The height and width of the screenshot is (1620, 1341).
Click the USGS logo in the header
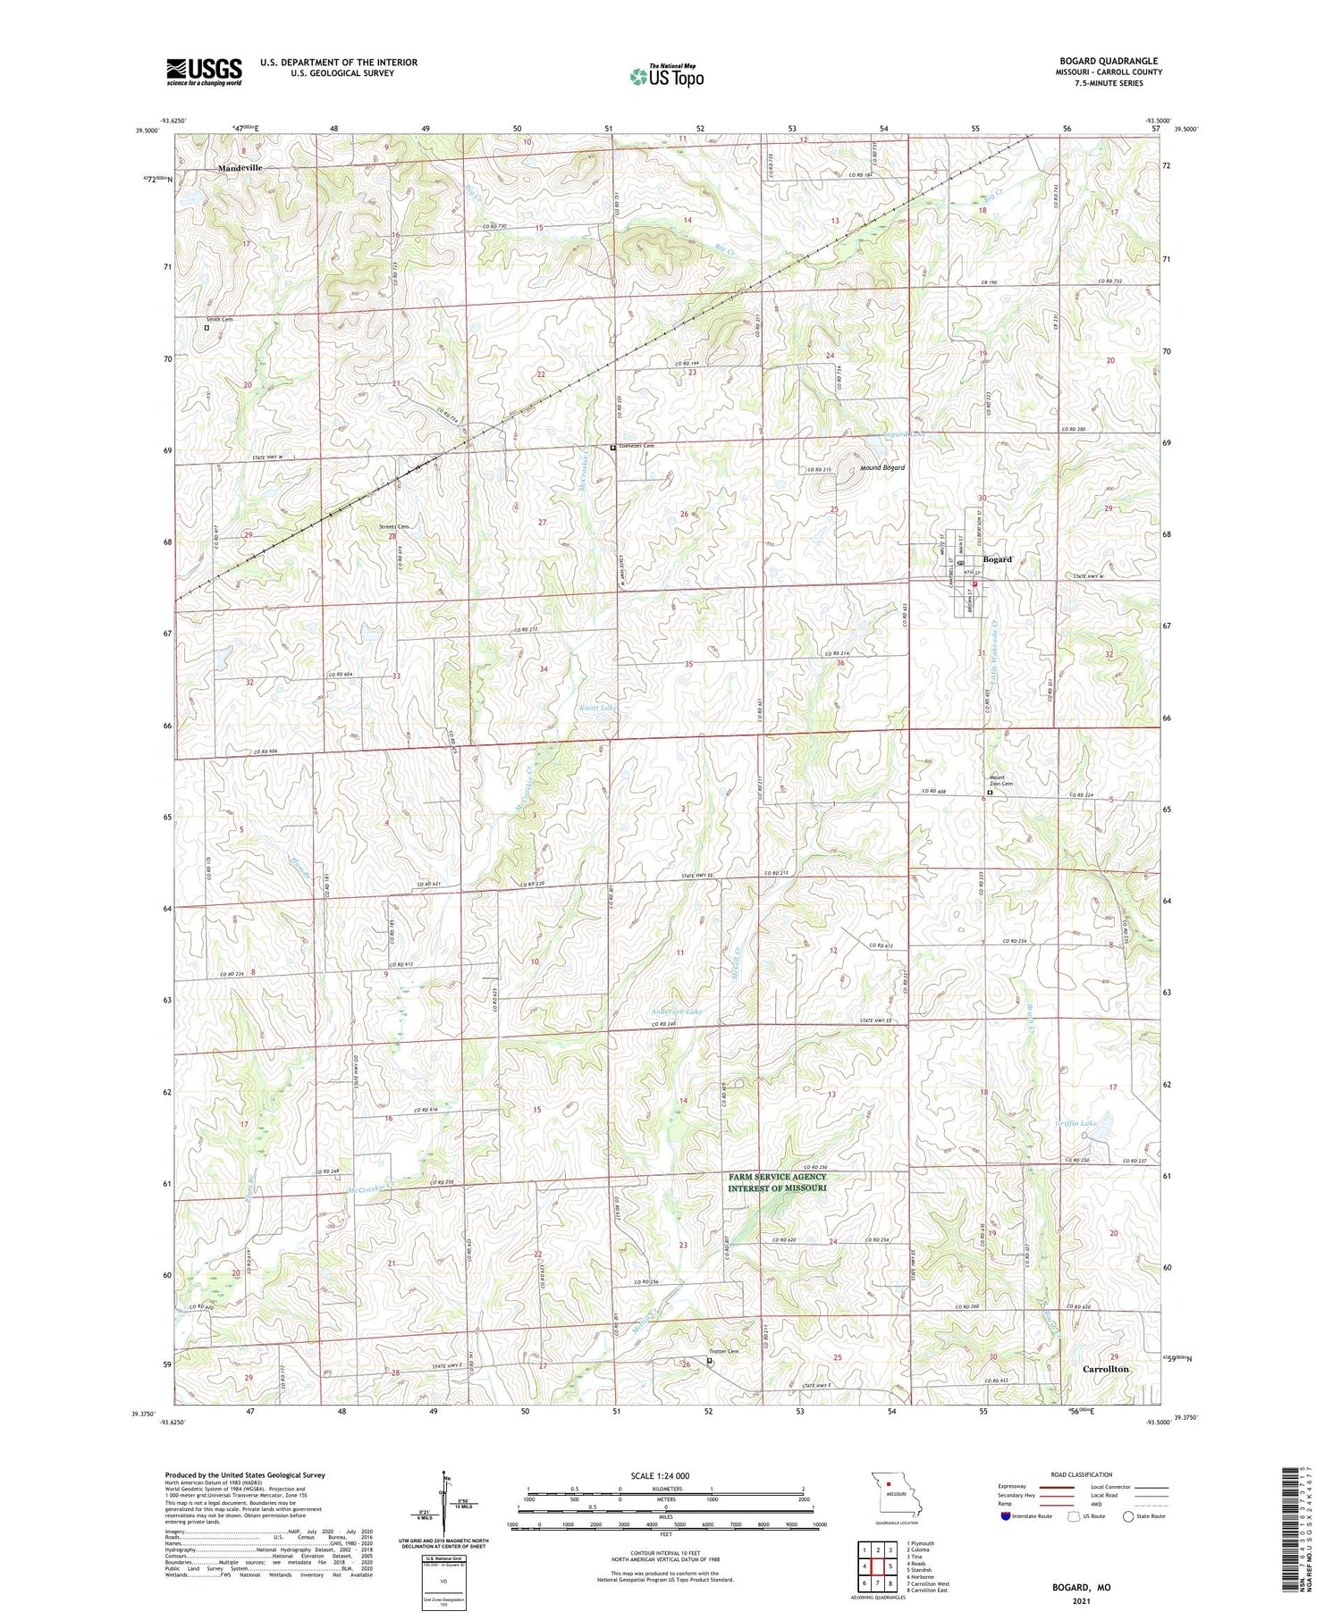[x=204, y=71]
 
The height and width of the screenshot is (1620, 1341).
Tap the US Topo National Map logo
[x=667, y=77]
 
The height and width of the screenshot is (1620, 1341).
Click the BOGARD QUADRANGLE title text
[x=1109, y=61]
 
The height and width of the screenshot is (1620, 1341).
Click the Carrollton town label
[x=1106, y=1369]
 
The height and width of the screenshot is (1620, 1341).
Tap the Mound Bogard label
[x=882, y=467]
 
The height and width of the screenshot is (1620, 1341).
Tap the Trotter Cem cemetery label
[x=725, y=1351]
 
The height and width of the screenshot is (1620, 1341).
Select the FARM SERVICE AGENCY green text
[x=777, y=1177]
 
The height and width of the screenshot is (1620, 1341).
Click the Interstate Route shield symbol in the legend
[x=1005, y=1515]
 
